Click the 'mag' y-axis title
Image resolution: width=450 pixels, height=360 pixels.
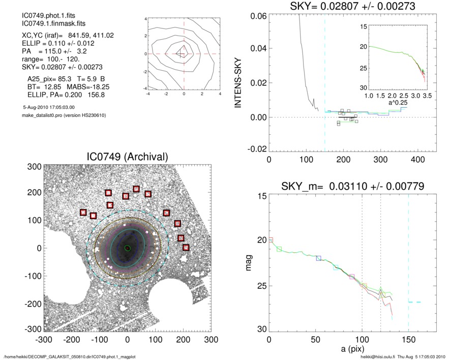point(250,263)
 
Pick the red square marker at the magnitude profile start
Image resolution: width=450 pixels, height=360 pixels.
point(271,239)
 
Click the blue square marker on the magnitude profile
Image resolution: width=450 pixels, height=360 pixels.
point(319,258)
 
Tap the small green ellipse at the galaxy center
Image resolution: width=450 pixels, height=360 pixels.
point(127,248)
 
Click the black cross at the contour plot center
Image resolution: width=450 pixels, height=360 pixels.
point(181,53)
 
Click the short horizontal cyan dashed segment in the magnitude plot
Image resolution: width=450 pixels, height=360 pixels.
point(414,302)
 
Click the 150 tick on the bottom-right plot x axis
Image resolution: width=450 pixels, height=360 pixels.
point(408,339)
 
